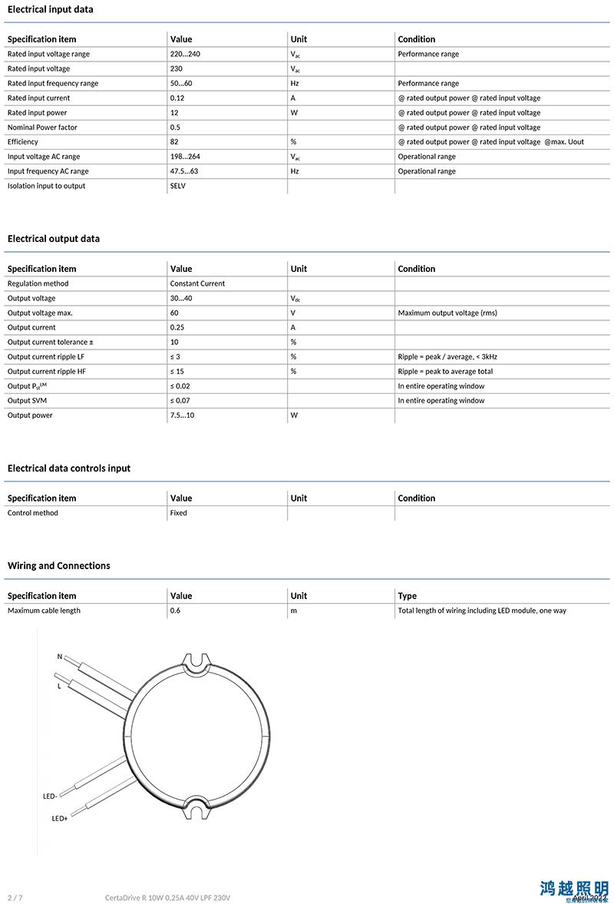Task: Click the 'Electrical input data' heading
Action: pyautogui.click(x=51, y=9)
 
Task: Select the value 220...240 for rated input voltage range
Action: pyautogui.click(x=185, y=54)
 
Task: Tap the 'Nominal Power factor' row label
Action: pyautogui.click(x=42, y=127)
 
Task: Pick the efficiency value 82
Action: pyautogui.click(x=174, y=142)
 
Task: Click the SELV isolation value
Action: pyautogui.click(x=178, y=186)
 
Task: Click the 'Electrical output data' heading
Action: pyautogui.click(x=54, y=239)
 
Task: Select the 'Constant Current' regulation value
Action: pyautogui.click(x=197, y=283)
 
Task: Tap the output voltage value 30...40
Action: pyautogui.click(x=181, y=298)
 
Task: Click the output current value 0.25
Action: pyautogui.click(x=177, y=327)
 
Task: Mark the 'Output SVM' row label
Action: pyautogui.click(x=31, y=401)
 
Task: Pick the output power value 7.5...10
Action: pyautogui.click(x=183, y=416)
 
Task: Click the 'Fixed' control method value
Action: pyautogui.click(x=178, y=513)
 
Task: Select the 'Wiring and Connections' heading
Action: pyautogui.click(x=59, y=566)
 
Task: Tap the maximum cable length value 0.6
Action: pyautogui.click(x=176, y=611)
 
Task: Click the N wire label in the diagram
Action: pyautogui.click(x=60, y=657)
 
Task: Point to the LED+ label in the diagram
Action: pyautogui.click(x=60, y=819)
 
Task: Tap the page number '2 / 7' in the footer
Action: pyautogui.click(x=15, y=898)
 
